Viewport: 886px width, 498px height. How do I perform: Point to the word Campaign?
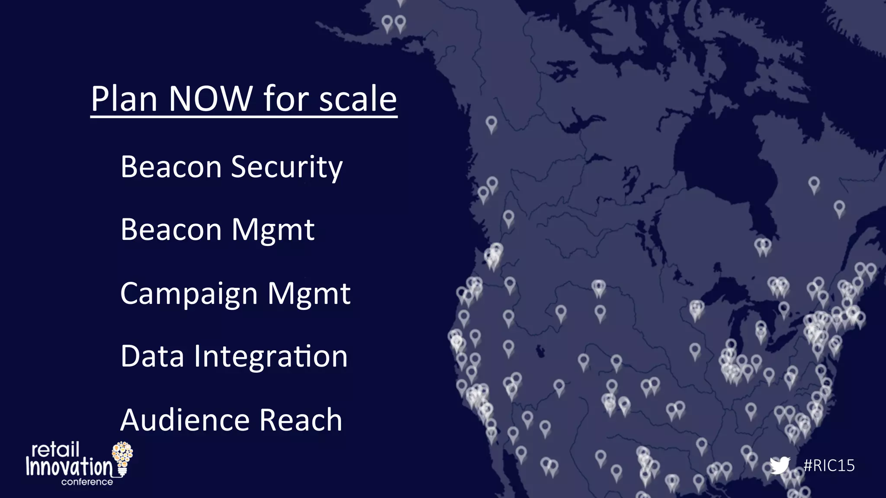click(x=189, y=294)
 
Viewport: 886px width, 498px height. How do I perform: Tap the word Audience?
click(x=185, y=420)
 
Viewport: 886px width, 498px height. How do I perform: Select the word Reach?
click(x=301, y=420)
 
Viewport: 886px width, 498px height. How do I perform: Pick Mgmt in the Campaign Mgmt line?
click(x=308, y=294)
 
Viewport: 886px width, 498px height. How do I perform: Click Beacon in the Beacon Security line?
click(x=171, y=167)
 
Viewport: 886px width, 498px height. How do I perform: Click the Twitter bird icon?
click(x=780, y=466)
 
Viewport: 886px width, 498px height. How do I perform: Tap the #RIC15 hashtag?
click(x=829, y=466)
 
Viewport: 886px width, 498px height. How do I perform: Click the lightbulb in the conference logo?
click(x=122, y=457)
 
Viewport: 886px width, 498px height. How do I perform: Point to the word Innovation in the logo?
click(x=69, y=467)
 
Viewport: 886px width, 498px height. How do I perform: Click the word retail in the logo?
click(x=55, y=450)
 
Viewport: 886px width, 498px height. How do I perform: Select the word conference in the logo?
click(x=87, y=482)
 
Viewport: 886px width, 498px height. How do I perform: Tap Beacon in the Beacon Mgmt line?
click(x=171, y=230)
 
